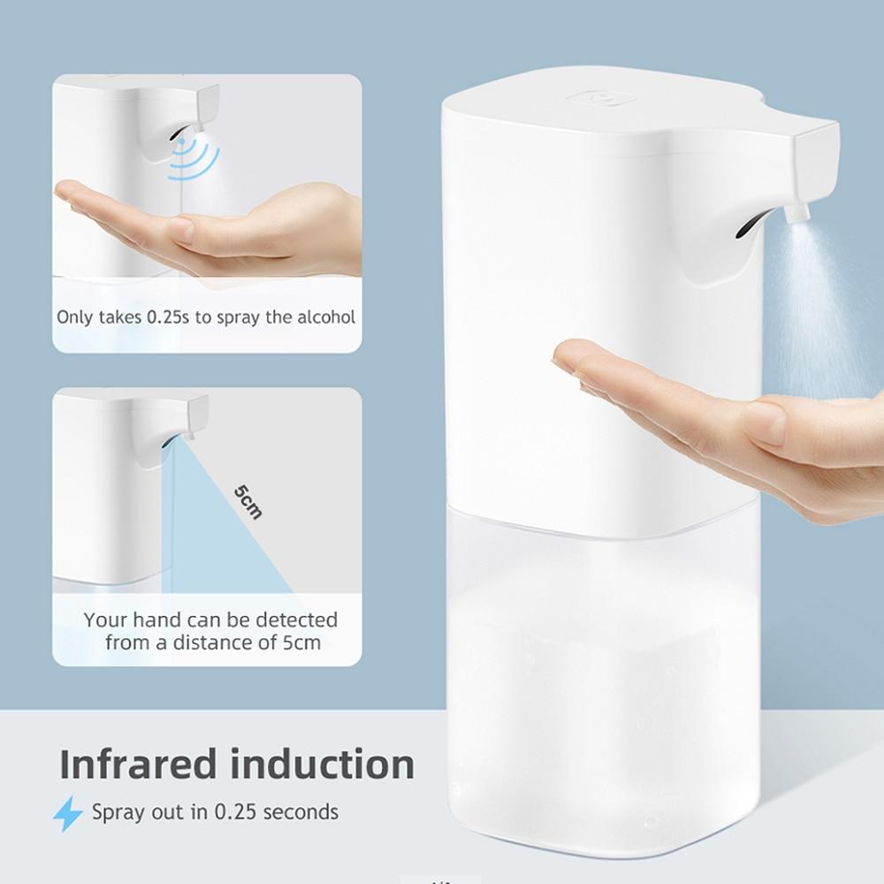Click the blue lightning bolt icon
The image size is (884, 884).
pyautogui.click(x=68, y=813)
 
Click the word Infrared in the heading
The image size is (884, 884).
pyautogui.click(x=138, y=764)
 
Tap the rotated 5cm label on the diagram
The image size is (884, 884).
pyautogui.click(x=248, y=501)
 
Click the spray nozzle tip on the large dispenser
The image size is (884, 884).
pyautogui.click(x=796, y=213)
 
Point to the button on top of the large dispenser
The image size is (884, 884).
pyautogui.click(x=602, y=98)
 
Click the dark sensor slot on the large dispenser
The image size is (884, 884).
pyautogui.click(x=748, y=224)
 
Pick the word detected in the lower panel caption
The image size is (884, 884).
pyautogui.click(x=296, y=621)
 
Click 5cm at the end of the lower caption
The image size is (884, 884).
pyautogui.click(x=301, y=643)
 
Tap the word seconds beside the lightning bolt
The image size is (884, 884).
pyautogui.click(x=301, y=812)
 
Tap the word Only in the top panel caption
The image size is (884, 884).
pyautogui.click(x=75, y=317)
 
